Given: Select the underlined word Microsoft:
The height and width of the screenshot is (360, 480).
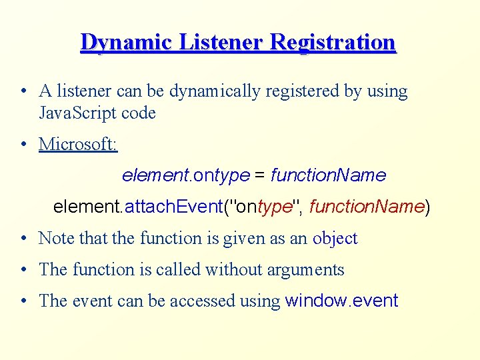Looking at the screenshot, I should [78, 144].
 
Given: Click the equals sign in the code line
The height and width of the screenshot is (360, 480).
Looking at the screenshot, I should [260, 176].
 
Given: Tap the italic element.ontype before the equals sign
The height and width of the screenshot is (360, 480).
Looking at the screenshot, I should [185, 176].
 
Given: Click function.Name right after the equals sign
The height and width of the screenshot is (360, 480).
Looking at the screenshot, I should [328, 176].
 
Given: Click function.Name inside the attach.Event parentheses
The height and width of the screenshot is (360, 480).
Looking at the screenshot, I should [367, 207].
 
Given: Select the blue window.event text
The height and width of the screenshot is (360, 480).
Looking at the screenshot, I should [341, 301].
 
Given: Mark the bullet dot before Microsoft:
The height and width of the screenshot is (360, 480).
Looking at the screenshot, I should [23, 145].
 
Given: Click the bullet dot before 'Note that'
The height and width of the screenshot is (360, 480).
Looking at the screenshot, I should [23, 239].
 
